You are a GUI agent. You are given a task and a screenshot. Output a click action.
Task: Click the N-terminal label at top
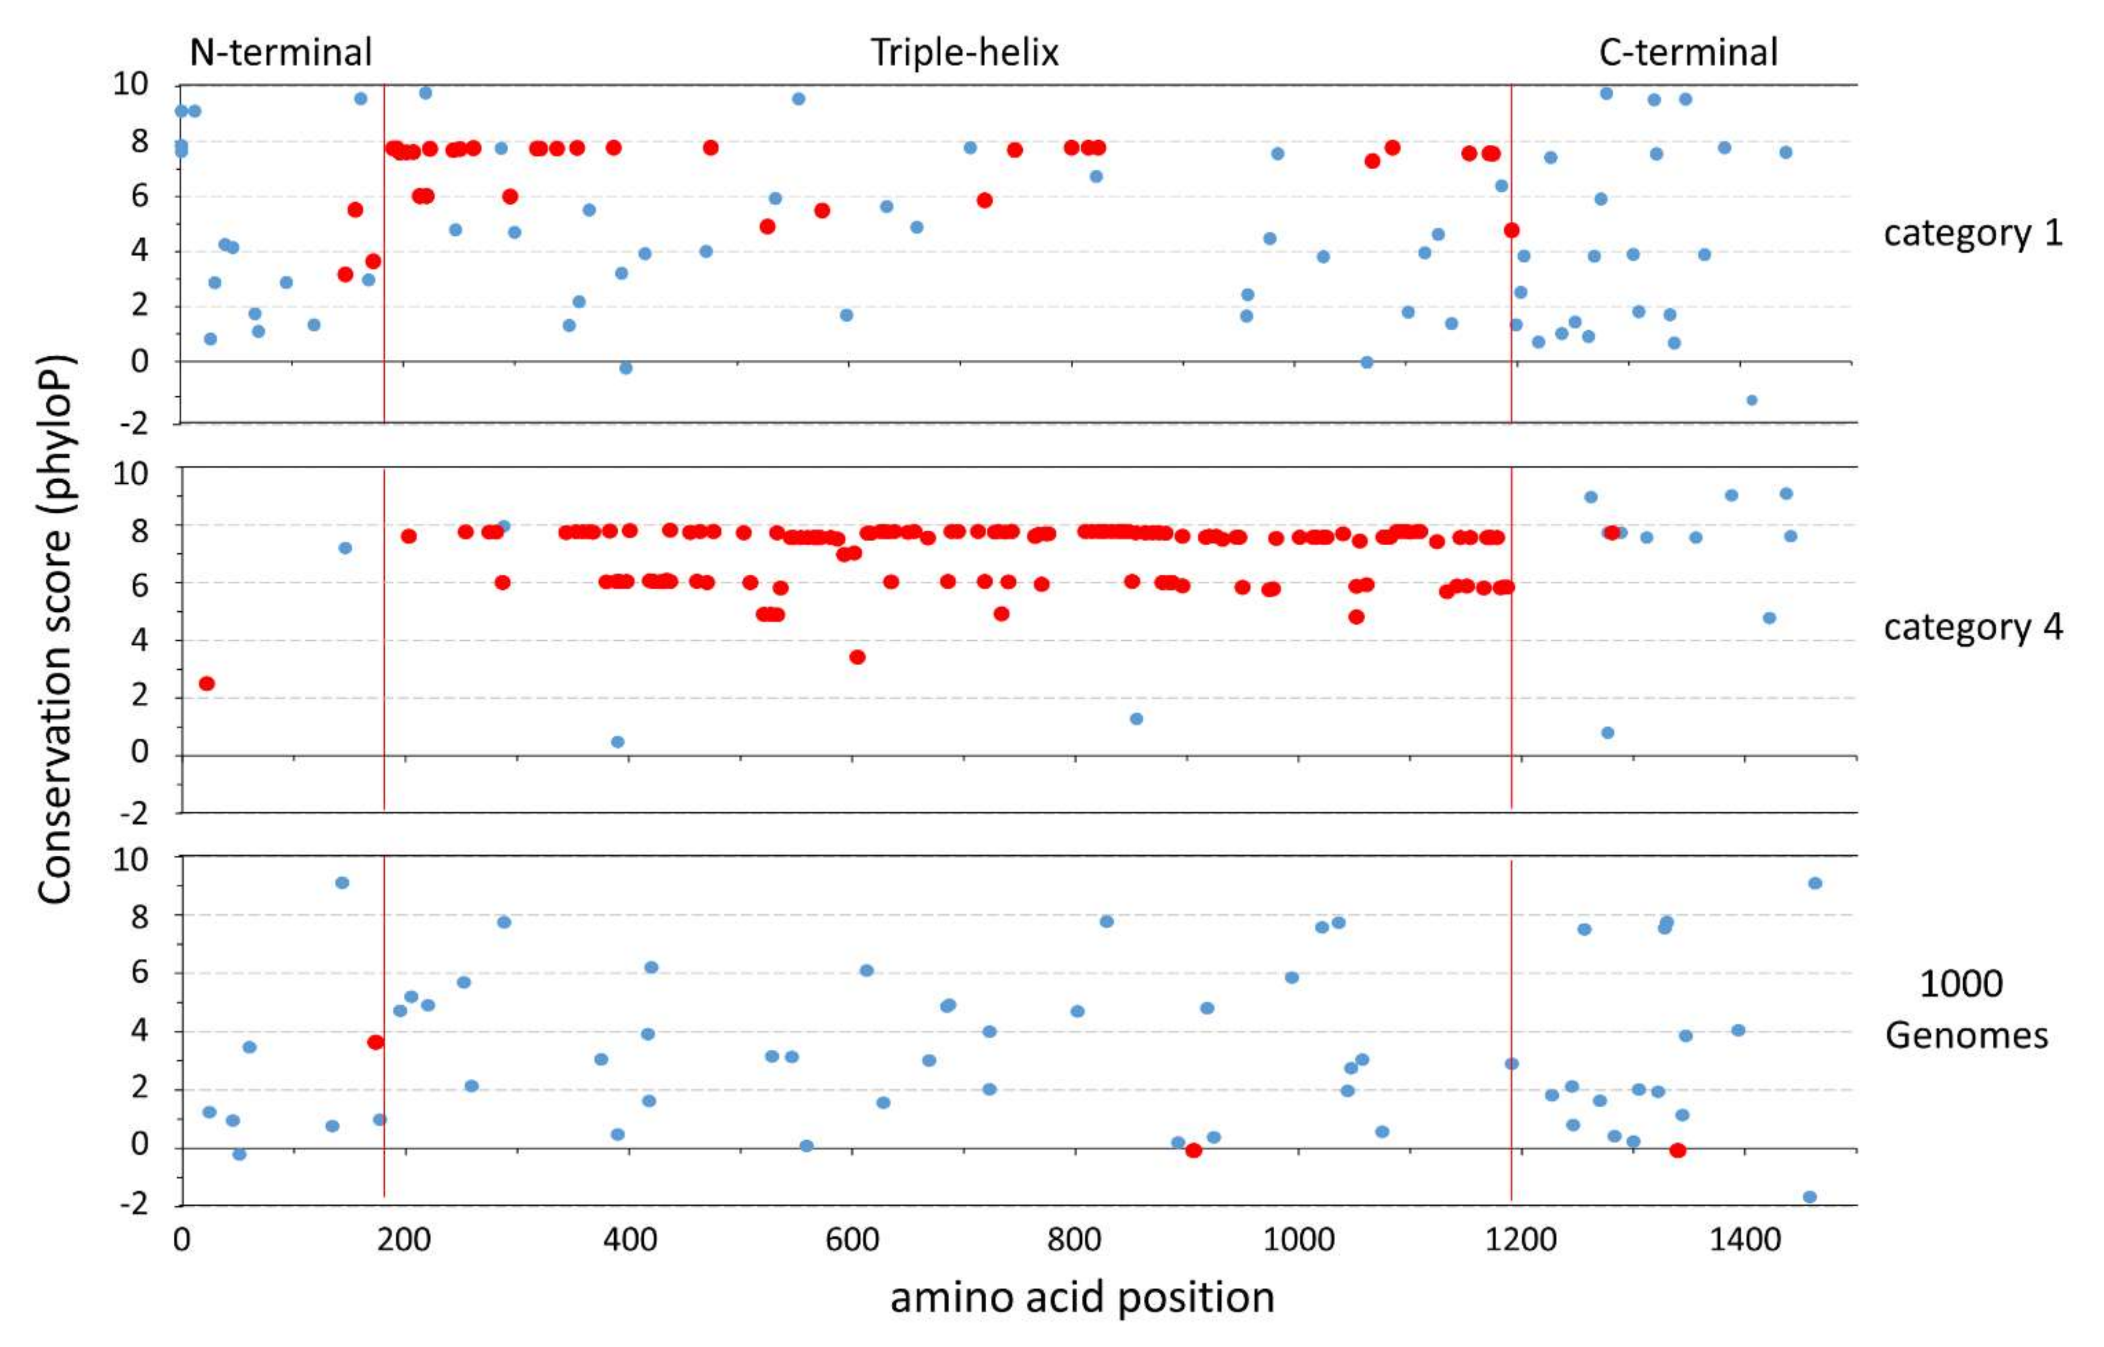[x=280, y=52]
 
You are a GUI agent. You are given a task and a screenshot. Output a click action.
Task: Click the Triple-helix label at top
[x=964, y=52]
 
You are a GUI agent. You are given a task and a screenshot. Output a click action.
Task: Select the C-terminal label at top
[x=1688, y=52]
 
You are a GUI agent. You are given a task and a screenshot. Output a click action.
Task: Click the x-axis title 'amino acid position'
[x=1082, y=1297]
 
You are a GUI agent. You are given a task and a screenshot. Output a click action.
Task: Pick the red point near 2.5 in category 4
[x=206, y=683]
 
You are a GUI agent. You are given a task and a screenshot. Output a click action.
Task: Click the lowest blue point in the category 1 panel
[x=1751, y=400]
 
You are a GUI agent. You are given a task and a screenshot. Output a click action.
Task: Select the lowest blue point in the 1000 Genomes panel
[x=1809, y=1197]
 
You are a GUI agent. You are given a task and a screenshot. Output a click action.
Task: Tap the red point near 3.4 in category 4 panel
[x=857, y=657]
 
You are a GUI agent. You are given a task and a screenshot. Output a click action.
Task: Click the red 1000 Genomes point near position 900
[x=1194, y=1150]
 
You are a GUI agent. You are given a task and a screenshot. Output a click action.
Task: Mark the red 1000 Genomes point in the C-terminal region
[x=1677, y=1150]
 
